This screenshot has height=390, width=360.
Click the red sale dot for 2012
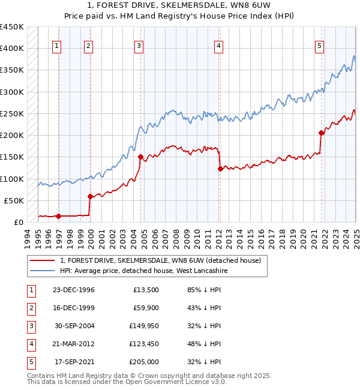point(220,169)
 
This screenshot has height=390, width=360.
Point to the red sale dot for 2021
point(322,133)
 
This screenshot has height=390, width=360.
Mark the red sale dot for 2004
point(141,157)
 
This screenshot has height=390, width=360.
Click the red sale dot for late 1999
point(90,196)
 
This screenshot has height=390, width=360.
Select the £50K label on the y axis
point(14,200)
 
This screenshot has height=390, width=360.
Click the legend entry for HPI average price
point(143,271)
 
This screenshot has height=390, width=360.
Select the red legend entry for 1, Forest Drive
point(160,260)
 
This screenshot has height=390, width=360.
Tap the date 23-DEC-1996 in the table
point(74,290)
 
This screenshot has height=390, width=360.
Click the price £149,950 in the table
point(142,326)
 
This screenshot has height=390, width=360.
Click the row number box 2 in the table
point(31,308)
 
